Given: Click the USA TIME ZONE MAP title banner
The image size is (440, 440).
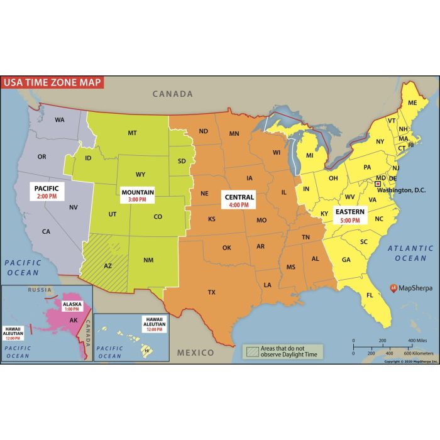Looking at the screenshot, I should pyautogui.click(x=52, y=82).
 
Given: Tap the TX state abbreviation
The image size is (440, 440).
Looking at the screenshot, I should pyautogui.click(x=212, y=292).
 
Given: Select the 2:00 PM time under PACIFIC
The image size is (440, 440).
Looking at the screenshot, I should pyautogui.click(x=47, y=197).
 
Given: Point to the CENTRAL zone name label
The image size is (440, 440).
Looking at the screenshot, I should pyautogui.click(x=239, y=197).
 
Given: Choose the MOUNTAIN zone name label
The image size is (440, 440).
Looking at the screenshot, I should pyautogui.click(x=138, y=192).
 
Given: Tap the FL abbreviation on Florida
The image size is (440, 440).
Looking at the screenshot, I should pyautogui.click(x=370, y=295).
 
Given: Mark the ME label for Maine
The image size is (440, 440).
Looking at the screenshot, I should pyautogui.click(x=412, y=102).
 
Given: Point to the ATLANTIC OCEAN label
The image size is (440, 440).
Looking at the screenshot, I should pyautogui.click(x=406, y=253).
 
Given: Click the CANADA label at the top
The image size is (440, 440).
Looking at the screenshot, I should pyautogui.click(x=173, y=94).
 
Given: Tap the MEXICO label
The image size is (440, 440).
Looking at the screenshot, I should pyautogui.click(x=195, y=353).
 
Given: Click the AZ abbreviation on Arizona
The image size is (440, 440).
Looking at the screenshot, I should pyautogui.click(x=107, y=266).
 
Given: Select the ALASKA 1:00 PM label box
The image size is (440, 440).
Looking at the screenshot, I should pyautogui.click(x=72, y=306).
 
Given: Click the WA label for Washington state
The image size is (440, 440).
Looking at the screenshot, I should pyautogui.click(x=60, y=119).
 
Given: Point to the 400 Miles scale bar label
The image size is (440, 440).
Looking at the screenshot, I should pyautogui.click(x=418, y=341).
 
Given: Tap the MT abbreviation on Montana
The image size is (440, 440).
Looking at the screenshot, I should pyautogui.click(x=132, y=133).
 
